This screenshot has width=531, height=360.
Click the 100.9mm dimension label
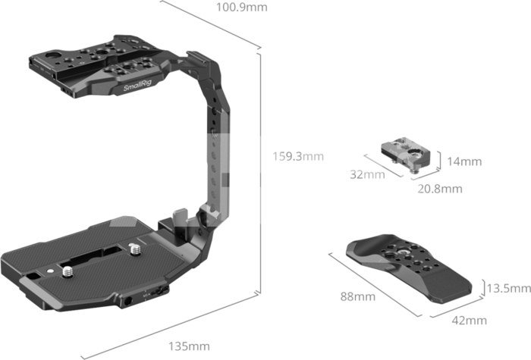(x=241, y=7)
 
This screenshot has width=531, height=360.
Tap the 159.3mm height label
(x=298, y=156)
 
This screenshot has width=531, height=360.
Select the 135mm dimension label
(x=189, y=346)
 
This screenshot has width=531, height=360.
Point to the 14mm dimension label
(x=464, y=161)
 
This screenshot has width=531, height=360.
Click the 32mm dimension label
(x=367, y=174)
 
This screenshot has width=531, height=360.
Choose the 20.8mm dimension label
(x=440, y=189)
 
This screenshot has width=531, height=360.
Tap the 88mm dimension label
(x=358, y=297)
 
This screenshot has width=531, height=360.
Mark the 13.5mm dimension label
(x=509, y=288)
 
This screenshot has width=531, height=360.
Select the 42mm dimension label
(x=470, y=320)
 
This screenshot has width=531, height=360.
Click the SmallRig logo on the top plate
(x=137, y=86)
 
